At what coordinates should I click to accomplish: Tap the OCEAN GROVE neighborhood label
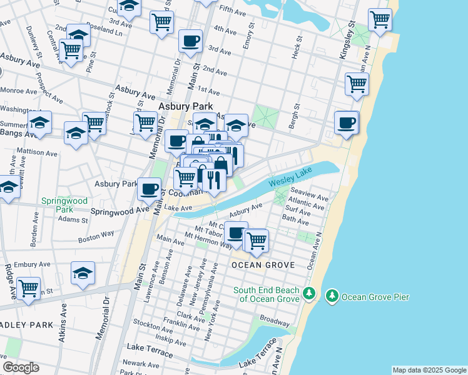263,265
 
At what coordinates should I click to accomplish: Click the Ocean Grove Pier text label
375,296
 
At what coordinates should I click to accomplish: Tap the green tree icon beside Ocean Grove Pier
332,295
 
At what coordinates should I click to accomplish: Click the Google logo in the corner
21,367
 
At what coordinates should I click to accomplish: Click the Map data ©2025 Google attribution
429,370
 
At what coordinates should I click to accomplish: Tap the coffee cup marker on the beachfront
346,122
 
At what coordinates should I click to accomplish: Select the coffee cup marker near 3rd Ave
190,41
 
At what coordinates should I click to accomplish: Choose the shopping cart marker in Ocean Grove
257,241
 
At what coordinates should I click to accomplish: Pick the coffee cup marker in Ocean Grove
236,233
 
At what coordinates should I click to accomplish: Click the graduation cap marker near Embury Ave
83,272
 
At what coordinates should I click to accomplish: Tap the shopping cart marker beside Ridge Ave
29,289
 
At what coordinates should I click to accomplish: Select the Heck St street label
298,47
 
